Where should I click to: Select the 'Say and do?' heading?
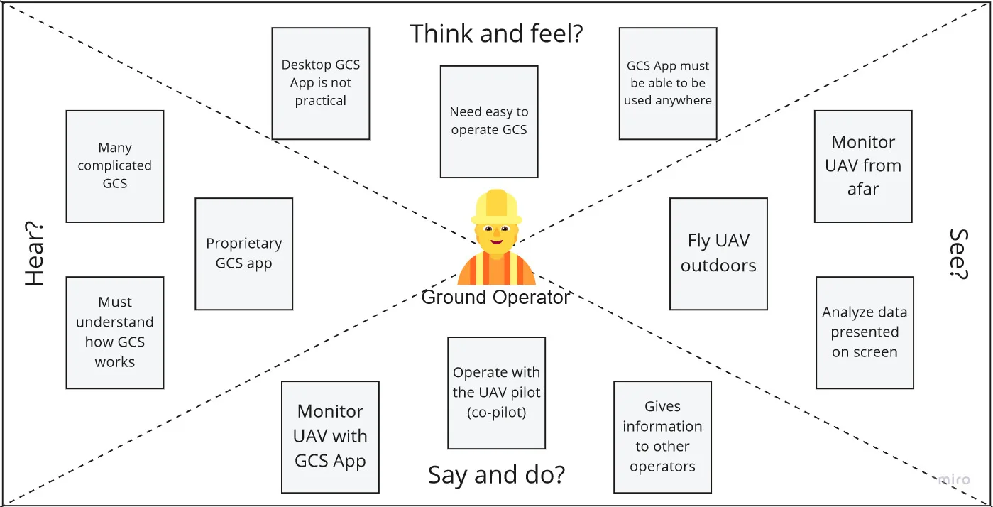pyautogui.click(x=496, y=474)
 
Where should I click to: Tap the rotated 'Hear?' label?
pyautogui.click(x=35, y=253)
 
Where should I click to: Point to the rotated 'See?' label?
pyautogui.click(x=959, y=253)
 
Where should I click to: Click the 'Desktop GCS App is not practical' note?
pyautogui.click(x=321, y=83)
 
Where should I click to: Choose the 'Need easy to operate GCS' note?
pyautogui.click(x=489, y=121)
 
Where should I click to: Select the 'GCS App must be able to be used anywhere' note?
pyautogui.click(x=668, y=83)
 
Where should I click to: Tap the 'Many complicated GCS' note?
pyautogui.click(x=115, y=166)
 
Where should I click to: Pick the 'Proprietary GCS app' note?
pyautogui.click(x=244, y=253)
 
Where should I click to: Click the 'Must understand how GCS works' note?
pyautogui.click(x=115, y=332)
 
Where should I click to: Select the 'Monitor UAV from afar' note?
pyautogui.click(x=863, y=166)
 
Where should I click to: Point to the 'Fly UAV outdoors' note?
pyautogui.click(x=718, y=253)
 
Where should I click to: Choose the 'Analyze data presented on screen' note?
pyautogui.click(x=865, y=332)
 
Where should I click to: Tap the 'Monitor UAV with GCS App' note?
pyautogui.click(x=330, y=437)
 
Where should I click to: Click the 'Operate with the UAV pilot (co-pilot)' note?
pyautogui.click(x=496, y=393)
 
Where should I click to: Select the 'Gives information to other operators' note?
pyautogui.click(x=662, y=437)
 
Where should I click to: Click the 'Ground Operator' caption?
pyautogui.click(x=495, y=297)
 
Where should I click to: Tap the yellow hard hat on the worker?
pyautogui.click(x=496, y=206)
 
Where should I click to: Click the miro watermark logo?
pyautogui.click(x=953, y=480)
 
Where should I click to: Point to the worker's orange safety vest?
pyautogui.click(x=496, y=271)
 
